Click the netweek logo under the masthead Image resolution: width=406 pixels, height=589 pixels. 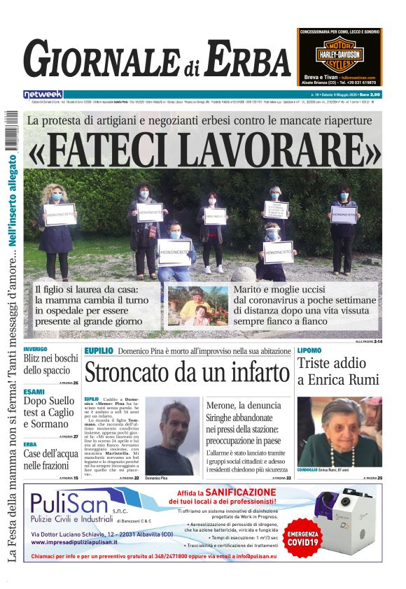click(x=43, y=94)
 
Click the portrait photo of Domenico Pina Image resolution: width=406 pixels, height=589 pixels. click(x=172, y=437)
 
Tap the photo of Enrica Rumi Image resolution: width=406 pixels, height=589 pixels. click(x=339, y=432)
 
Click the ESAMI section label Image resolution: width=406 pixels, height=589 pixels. click(x=33, y=392)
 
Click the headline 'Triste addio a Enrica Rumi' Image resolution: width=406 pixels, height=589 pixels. click(x=332, y=371)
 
